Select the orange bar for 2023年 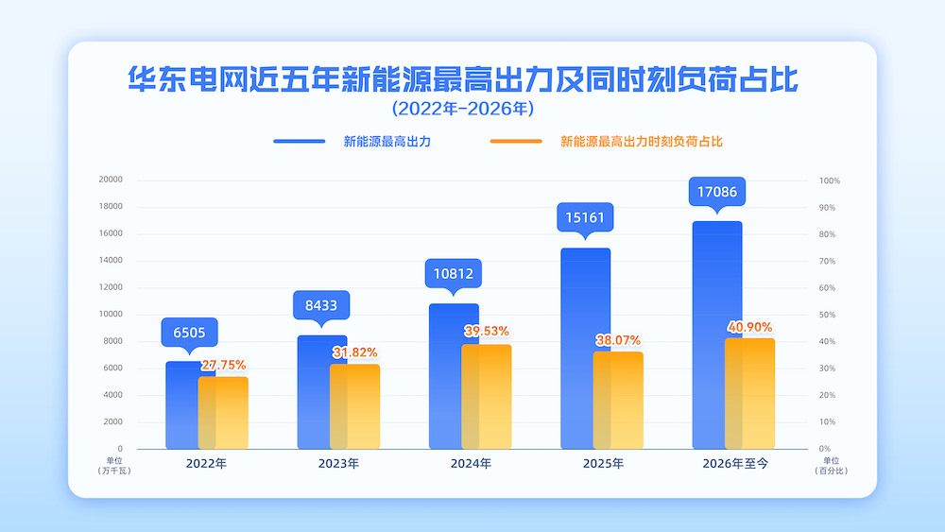[355, 406]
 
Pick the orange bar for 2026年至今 [749, 393]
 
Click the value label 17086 [717, 192]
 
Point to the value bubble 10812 [454, 274]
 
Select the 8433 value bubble [321, 306]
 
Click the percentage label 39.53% [487, 331]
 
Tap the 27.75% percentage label [224, 365]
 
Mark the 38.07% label [618, 340]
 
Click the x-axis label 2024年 [471, 463]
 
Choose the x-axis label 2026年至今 [735, 463]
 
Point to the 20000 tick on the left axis [111, 180]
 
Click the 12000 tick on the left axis [111, 287]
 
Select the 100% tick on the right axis [830, 180]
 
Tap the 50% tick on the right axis [828, 315]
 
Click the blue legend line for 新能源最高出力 [300, 142]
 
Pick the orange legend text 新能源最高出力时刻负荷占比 [642, 142]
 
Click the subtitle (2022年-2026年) [463, 109]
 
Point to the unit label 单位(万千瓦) [114, 466]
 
